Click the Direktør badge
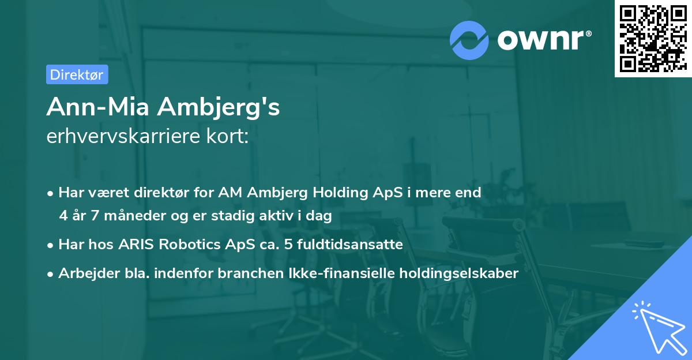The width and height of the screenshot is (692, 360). pyautogui.click(x=77, y=74)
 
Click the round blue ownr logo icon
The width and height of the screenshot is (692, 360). pyautogui.click(x=469, y=40)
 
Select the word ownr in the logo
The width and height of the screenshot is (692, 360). pyautogui.click(x=543, y=40)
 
